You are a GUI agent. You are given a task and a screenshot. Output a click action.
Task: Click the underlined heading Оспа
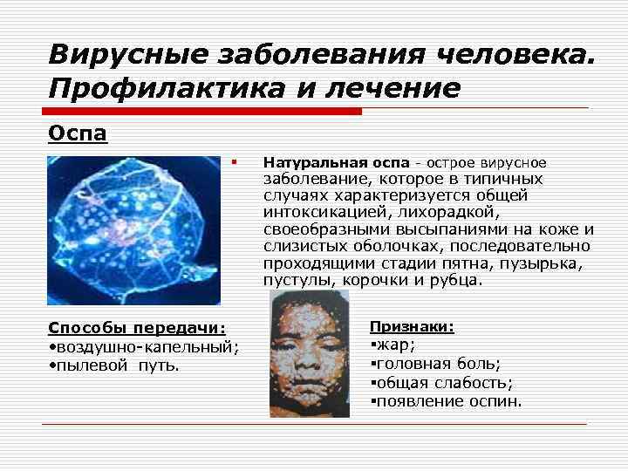(77, 136)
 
